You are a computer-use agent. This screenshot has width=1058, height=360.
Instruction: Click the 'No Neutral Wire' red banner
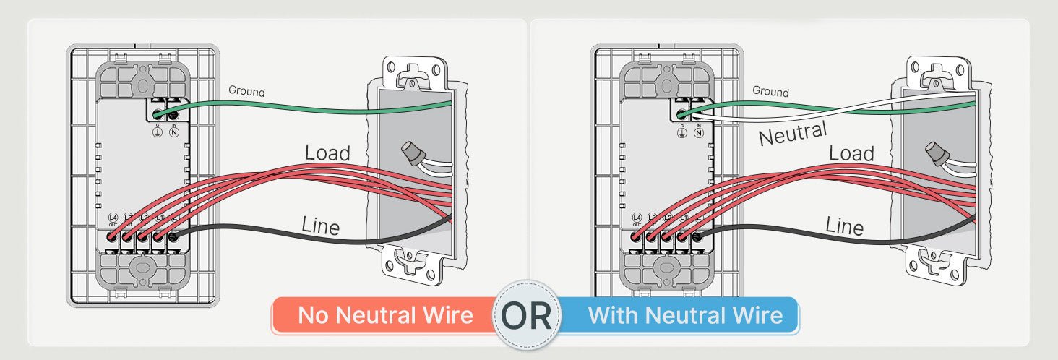pos(385,316)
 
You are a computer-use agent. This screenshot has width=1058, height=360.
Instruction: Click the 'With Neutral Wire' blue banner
pos(684,316)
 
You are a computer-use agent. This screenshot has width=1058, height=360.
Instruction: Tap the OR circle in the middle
pos(526,316)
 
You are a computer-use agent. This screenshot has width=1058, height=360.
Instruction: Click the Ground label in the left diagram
pos(246,92)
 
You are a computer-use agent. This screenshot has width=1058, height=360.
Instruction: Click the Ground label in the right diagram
pos(770,92)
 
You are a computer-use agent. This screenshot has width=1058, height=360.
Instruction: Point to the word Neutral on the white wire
pos(792,134)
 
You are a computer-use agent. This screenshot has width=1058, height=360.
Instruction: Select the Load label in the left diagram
pos(327,153)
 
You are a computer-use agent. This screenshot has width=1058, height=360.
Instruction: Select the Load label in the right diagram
pos(851,153)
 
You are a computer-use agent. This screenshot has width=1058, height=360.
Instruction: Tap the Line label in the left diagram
pos(320,226)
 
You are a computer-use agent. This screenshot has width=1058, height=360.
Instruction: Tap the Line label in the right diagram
pos(844,226)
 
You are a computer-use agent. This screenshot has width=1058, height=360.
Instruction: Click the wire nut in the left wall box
pos(413,154)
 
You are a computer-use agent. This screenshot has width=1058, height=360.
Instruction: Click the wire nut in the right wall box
pos(937,154)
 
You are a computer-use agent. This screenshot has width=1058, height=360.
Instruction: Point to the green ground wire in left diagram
pos(289,111)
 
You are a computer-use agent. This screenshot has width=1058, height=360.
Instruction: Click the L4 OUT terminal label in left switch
pos(113,220)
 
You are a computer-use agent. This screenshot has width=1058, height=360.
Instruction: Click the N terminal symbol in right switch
pos(699,133)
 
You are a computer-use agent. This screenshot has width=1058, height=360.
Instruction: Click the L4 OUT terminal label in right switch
pos(637,220)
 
